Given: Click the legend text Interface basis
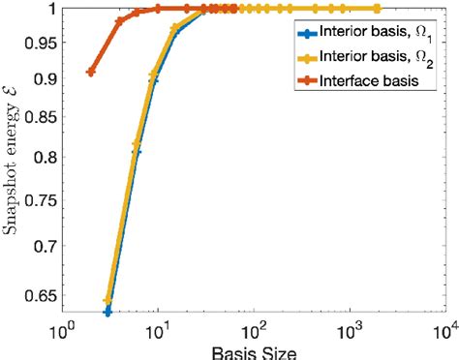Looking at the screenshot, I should click(372, 82).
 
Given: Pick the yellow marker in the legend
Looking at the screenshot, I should click(307, 58).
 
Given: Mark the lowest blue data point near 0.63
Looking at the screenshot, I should click(107, 311).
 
